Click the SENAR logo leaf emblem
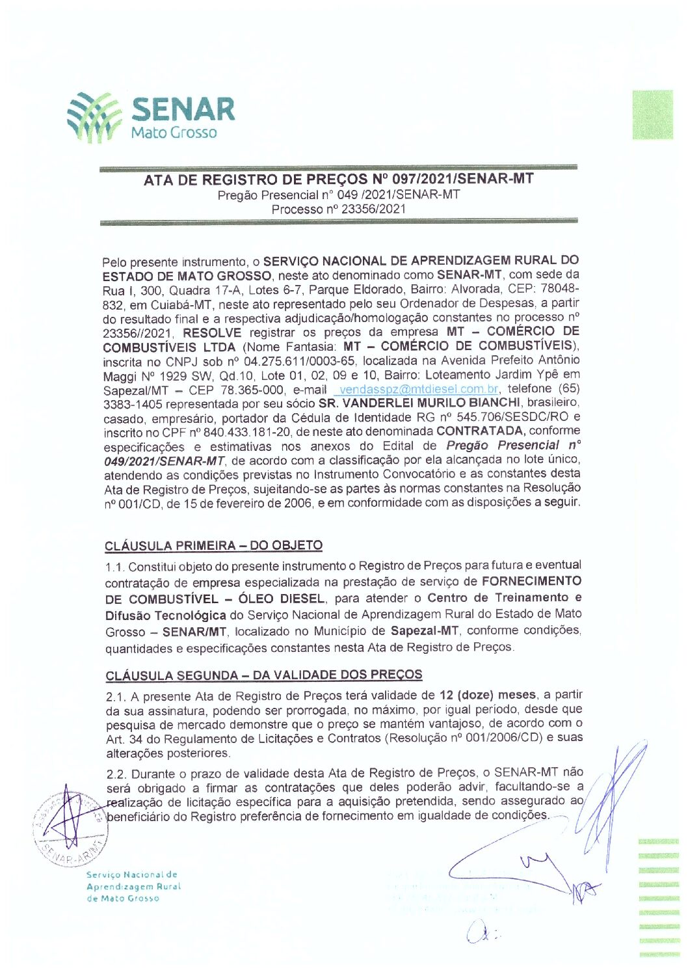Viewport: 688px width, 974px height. pyautogui.click(x=94, y=117)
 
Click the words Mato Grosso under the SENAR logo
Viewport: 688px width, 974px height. pyautogui.click(x=174, y=133)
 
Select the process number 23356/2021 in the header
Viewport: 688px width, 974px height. pyautogui.click(x=373, y=210)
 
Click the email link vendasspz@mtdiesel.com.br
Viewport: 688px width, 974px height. pyautogui.click(x=419, y=390)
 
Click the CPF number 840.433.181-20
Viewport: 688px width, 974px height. pyautogui.click(x=246, y=432)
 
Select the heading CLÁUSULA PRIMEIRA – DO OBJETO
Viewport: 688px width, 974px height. pyautogui.click(x=213, y=546)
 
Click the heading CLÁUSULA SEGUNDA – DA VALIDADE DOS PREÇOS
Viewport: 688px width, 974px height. pyautogui.click(x=263, y=675)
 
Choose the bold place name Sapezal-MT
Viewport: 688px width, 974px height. pyautogui.click(x=425, y=631)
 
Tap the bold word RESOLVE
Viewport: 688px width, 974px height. pyautogui.click(x=212, y=332)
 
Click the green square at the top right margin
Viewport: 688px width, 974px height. pyautogui.click(x=652, y=115)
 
